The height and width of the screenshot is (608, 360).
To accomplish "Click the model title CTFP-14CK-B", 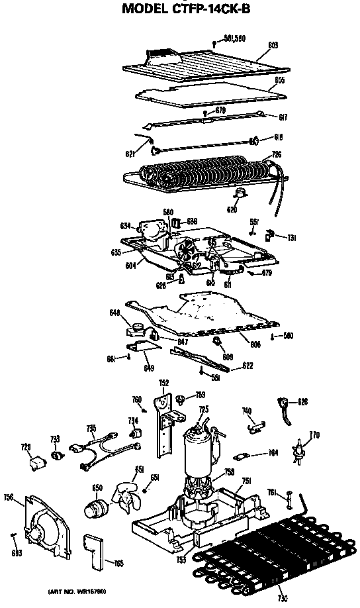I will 180,9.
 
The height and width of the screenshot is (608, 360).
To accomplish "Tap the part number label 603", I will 273,45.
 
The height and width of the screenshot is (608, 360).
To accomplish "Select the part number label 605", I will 280,80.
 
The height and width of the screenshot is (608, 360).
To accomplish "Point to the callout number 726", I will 277,154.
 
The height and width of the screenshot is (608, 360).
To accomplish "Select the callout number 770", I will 314,435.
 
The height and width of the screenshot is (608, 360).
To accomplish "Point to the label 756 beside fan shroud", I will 9,497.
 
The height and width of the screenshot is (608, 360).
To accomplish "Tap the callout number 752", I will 164,383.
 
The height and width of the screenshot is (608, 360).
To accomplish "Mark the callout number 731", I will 291,237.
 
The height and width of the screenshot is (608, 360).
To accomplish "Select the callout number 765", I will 118,563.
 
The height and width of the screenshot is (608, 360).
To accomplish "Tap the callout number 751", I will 246,481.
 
